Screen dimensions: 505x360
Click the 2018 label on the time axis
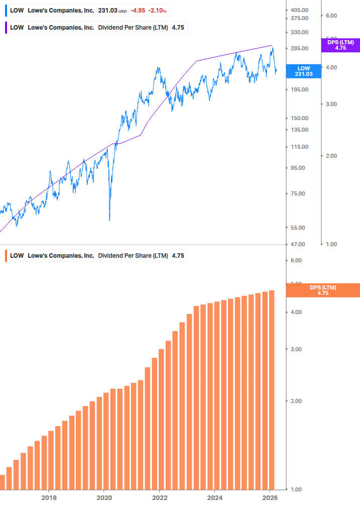point(48,498)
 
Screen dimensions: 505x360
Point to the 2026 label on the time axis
point(270,498)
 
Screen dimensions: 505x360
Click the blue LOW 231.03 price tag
point(303,71)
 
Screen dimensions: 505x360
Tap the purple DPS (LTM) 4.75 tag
point(340,45)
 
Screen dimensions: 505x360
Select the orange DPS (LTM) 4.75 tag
point(323,290)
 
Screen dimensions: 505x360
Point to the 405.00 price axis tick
point(299,10)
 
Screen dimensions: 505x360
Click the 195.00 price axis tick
point(299,89)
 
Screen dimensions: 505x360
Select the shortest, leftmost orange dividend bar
point(2,482)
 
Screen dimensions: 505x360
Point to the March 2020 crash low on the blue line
point(109,220)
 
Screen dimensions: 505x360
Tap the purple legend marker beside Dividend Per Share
point(6,27)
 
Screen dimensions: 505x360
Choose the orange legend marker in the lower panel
point(6,255)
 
